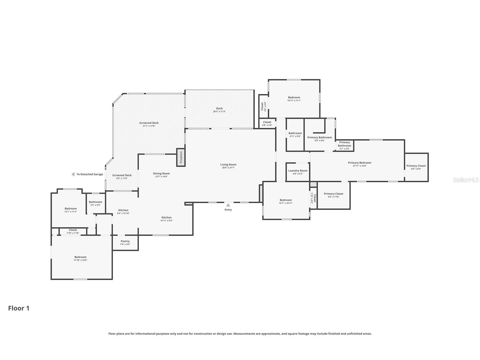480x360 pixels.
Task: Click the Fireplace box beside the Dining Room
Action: (x=181, y=157)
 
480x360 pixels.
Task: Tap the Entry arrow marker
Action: (x=228, y=205)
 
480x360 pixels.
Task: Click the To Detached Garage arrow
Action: (x=73, y=174)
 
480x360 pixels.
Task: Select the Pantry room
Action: (x=125, y=243)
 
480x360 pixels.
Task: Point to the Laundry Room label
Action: (x=298, y=171)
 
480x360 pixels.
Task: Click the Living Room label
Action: (x=228, y=164)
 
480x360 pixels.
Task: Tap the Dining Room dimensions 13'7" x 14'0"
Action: (x=162, y=177)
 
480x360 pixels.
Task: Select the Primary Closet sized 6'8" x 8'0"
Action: (x=416, y=167)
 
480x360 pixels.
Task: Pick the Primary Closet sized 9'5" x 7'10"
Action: (x=334, y=195)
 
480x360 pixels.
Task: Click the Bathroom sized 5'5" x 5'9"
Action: (x=96, y=203)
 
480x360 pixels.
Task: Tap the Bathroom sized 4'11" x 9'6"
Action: (x=295, y=135)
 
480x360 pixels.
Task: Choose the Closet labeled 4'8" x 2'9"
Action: (x=267, y=123)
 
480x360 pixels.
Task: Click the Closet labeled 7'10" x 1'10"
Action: (x=73, y=232)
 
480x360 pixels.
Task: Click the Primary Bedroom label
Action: (x=360, y=163)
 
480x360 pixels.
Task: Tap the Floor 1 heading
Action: (x=19, y=308)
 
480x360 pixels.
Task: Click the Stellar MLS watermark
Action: (x=466, y=180)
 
